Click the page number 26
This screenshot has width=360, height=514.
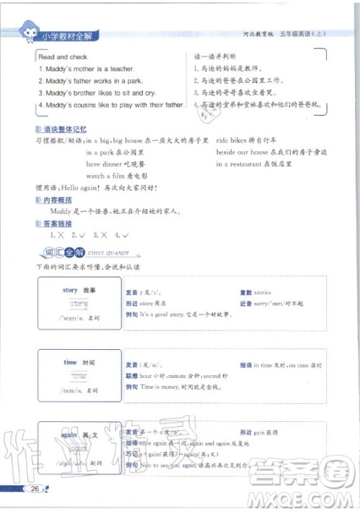pos(33,490)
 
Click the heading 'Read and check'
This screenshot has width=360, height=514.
pos(63,57)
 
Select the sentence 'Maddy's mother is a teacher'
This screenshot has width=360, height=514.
pos(86,69)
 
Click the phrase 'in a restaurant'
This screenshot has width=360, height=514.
pos(243,164)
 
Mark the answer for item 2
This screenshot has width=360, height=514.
pos(79,235)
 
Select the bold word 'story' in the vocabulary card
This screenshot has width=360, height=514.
pos(70,290)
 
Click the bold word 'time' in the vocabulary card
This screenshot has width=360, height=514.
pos(70,362)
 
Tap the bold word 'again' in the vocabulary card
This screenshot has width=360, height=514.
pos(69,435)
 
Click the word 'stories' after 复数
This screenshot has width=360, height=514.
pos(262,293)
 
